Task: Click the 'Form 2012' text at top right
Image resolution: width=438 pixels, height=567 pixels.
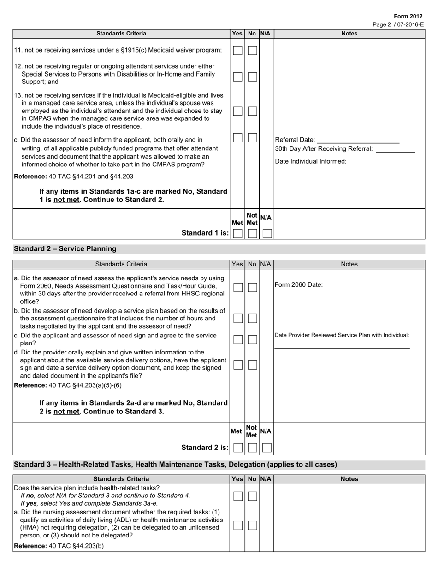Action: [408, 16]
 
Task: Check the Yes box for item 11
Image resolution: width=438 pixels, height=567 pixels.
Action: [237, 51]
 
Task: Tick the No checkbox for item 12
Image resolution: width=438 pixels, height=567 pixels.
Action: [252, 77]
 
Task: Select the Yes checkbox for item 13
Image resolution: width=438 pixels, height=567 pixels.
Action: [237, 112]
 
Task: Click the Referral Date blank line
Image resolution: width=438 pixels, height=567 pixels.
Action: [358, 140]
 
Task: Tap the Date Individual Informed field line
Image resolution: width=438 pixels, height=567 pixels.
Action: [376, 162]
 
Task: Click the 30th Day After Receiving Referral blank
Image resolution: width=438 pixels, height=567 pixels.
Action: [395, 149]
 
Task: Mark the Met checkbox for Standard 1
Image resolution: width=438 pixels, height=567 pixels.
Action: [237, 233]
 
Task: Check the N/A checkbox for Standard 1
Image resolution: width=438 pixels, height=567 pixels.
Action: [267, 233]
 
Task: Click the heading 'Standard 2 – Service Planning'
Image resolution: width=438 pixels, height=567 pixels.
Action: [65, 249]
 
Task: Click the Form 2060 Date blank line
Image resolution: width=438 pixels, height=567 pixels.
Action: [354, 285]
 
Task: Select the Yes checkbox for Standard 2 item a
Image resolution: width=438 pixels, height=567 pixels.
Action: [237, 288]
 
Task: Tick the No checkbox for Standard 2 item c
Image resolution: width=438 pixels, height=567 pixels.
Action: [252, 340]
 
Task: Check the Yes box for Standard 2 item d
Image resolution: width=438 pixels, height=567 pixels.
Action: [237, 365]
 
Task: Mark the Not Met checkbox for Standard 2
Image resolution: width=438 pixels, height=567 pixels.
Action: [252, 448]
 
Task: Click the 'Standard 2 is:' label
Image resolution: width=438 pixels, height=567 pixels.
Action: [205, 448]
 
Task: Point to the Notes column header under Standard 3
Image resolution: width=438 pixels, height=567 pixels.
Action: [349, 479]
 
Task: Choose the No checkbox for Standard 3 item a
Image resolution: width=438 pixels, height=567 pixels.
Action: [252, 526]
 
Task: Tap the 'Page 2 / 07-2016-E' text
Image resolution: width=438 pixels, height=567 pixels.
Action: [397, 24]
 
